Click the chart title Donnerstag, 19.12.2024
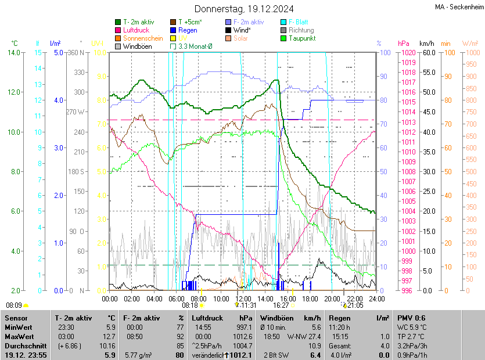point(244,9)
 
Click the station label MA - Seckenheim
point(459,6)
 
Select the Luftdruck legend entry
point(136,30)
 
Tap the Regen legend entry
point(188,30)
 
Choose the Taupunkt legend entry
point(301,38)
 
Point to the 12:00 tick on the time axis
point(243,298)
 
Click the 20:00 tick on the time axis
point(332,298)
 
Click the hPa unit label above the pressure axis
point(403,44)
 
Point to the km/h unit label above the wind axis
point(427,44)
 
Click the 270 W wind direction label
point(76,111)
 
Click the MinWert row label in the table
point(19,327)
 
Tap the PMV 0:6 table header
point(411,318)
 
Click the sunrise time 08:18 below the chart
point(190,305)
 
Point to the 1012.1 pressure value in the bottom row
point(241,355)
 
